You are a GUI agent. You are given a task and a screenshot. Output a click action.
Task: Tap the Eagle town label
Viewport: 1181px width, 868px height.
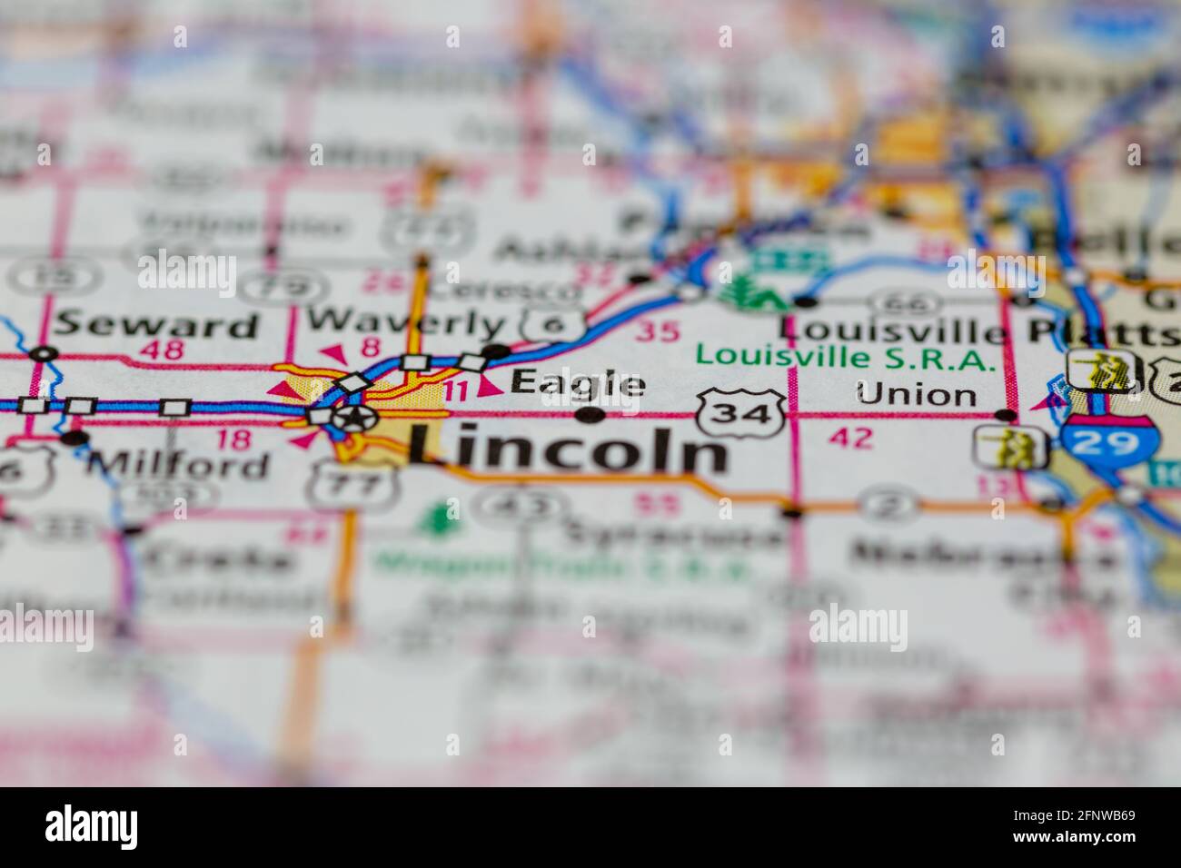[x=578, y=383]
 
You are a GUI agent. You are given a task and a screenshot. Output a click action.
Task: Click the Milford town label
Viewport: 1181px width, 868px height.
[x=179, y=465]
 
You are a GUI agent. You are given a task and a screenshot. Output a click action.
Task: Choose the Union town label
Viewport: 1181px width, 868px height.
[x=917, y=394]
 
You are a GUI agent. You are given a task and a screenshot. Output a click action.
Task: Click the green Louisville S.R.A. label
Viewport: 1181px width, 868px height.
[x=845, y=358]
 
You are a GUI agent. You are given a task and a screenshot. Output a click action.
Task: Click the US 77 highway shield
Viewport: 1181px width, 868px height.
[x=339, y=486]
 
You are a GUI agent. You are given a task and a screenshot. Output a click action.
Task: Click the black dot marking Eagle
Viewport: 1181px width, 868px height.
[x=591, y=416]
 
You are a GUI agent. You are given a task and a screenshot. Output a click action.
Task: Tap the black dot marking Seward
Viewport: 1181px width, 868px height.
[x=42, y=353]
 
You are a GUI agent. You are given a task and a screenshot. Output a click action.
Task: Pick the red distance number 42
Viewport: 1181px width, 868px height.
[x=851, y=439]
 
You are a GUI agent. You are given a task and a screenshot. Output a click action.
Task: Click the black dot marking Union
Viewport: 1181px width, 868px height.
[x=1005, y=416]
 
